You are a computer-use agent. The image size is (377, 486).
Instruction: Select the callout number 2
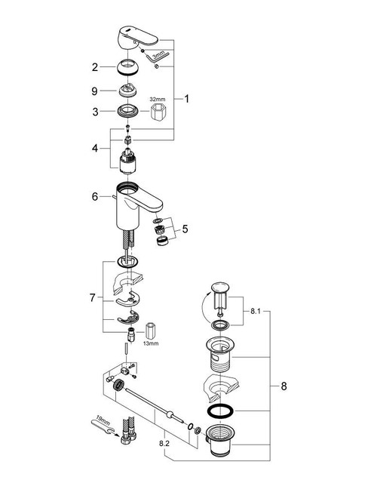click(96, 67)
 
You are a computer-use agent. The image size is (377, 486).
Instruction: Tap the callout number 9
click(96, 91)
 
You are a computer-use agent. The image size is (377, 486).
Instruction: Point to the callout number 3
click(96, 112)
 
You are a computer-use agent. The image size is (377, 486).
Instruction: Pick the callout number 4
click(96, 149)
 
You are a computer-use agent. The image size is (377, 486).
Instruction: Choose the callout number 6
click(96, 196)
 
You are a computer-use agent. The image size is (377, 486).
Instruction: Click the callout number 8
click(284, 386)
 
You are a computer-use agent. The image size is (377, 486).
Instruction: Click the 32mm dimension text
click(157, 99)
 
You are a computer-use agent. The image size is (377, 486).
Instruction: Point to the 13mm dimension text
click(153, 345)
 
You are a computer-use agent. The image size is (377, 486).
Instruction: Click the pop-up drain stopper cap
click(218, 288)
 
